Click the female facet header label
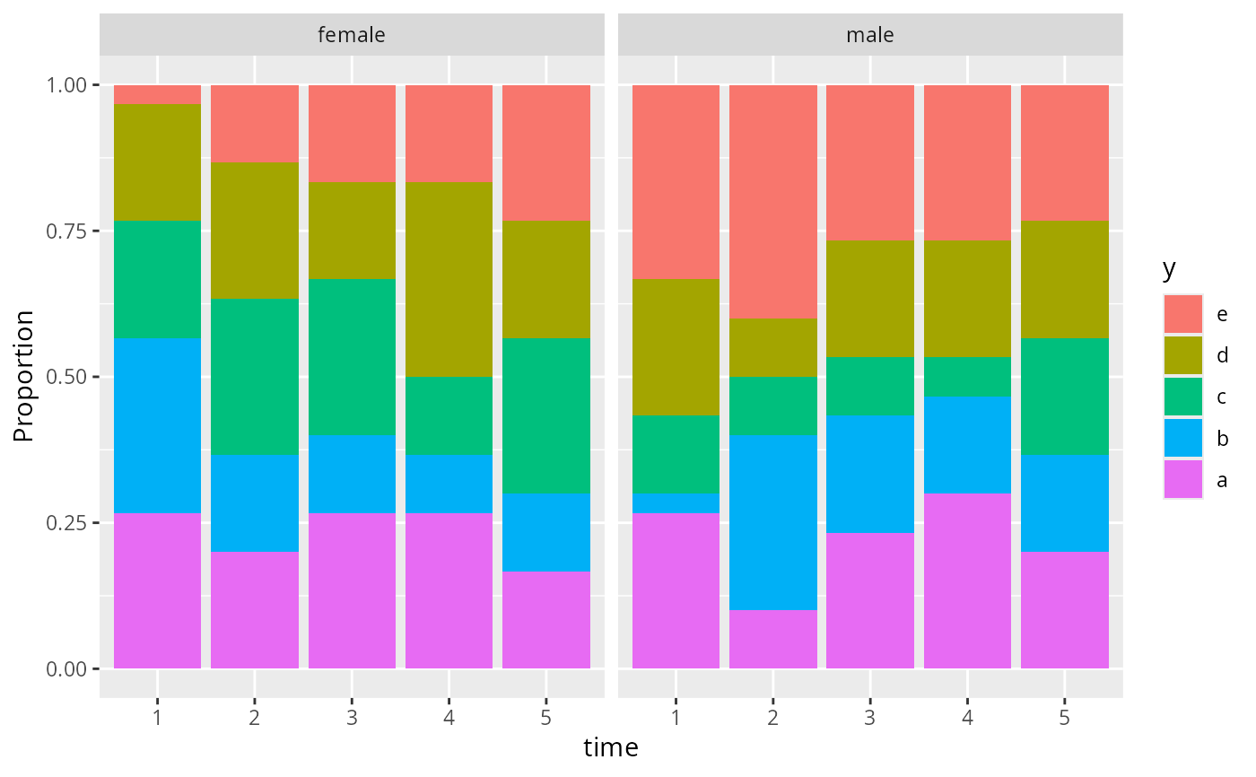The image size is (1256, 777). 352,36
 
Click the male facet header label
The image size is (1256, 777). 870,36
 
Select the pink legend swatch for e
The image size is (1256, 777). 1182,314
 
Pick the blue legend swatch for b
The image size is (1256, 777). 1182,438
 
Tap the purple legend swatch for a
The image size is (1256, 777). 1182,479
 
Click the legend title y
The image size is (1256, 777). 1169,268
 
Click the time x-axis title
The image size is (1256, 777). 611,747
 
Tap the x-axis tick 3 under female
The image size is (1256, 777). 352,718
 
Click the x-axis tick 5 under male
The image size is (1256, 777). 1065,718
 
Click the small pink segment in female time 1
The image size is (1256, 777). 157,94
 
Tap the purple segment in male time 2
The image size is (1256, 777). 773,639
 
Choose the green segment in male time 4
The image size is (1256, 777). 967,377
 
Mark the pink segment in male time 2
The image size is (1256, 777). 773,202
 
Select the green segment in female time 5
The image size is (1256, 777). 546,415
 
